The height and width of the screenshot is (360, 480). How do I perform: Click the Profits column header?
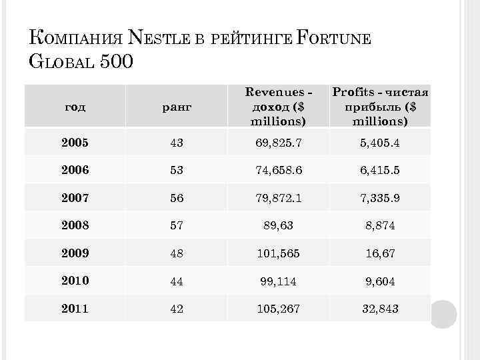point(380,105)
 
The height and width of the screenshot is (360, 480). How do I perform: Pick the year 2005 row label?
point(74,143)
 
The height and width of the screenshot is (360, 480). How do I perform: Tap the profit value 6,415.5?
point(380,171)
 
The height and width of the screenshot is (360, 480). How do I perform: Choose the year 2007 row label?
point(74,198)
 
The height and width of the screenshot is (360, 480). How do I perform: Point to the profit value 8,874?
point(380,226)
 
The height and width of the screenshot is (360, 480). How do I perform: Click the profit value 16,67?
point(380,254)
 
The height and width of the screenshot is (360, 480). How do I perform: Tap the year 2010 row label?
point(74,281)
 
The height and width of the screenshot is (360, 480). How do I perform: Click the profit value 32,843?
point(380,309)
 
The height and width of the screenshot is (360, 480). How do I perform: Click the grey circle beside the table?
point(443,314)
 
